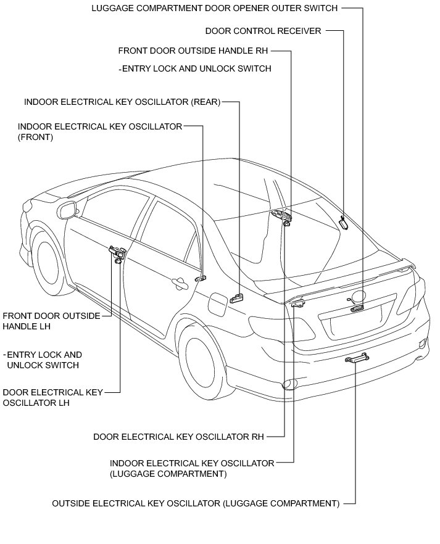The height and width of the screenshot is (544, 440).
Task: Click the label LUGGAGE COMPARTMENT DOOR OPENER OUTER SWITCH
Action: (x=214, y=9)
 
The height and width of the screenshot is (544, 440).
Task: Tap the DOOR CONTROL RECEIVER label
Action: (x=263, y=31)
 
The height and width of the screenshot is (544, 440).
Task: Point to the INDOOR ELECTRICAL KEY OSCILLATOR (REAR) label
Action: (x=122, y=102)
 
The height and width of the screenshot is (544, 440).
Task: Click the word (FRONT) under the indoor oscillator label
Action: (x=36, y=138)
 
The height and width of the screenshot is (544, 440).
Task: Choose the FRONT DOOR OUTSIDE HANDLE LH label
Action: (x=51, y=320)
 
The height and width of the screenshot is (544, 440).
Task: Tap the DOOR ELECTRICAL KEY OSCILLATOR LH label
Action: (x=52, y=397)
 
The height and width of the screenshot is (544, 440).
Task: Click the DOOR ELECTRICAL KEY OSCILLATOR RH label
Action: (x=178, y=437)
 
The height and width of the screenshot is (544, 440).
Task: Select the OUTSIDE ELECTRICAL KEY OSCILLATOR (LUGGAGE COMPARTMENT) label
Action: (x=196, y=503)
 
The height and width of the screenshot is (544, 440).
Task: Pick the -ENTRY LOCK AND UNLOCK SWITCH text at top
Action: (x=194, y=68)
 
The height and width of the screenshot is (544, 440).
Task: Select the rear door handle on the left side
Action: (x=180, y=283)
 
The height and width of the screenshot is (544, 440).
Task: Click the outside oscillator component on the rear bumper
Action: (x=357, y=358)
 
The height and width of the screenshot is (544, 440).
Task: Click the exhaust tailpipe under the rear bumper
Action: (x=288, y=386)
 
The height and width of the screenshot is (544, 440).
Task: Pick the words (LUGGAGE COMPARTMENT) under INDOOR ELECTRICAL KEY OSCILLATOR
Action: (x=168, y=474)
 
